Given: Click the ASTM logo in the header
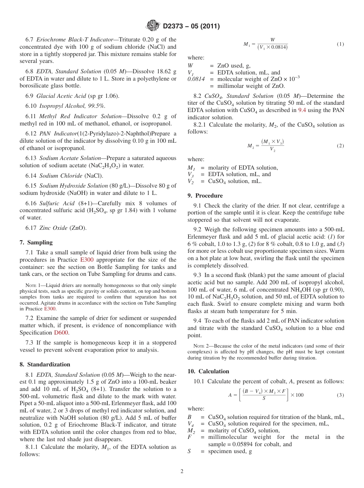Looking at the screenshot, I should (153, 26).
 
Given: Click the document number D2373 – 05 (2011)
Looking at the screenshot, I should (191, 26).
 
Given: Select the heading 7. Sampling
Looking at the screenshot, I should (36, 242).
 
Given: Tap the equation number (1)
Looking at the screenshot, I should (340, 44).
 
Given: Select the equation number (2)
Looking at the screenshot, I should (340, 146).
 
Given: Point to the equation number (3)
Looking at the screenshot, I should (340, 395).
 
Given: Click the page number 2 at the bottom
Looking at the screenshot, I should (182, 472).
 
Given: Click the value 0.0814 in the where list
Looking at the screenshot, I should (196, 79).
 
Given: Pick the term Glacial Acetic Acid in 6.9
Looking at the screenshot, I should (61, 96).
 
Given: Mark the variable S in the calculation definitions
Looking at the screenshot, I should (189, 452).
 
